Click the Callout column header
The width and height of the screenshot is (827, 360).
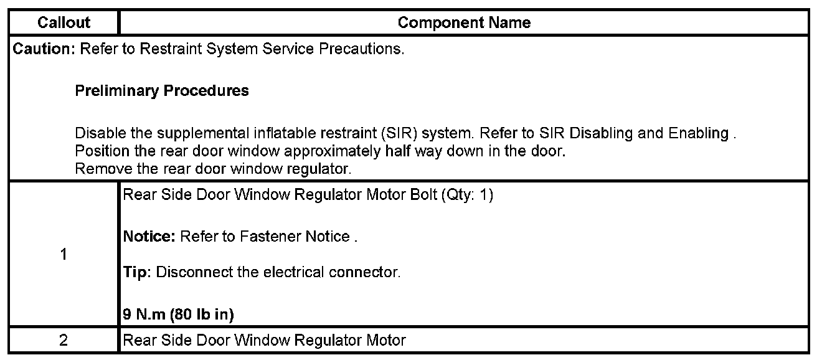[64, 23]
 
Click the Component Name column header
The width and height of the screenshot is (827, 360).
[464, 23]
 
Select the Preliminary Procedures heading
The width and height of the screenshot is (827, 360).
[161, 91]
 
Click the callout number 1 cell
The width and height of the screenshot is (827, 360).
[64, 255]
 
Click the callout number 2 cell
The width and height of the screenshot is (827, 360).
[64, 341]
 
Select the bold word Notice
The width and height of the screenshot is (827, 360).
[149, 237]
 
